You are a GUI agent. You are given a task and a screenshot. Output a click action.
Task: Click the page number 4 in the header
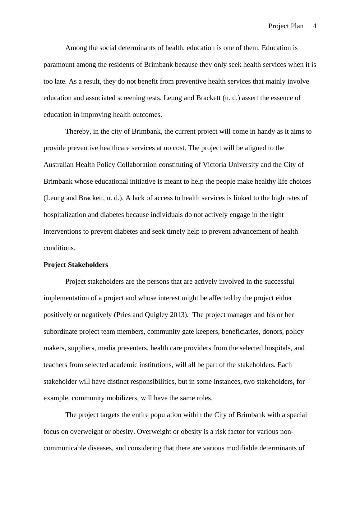pyautogui.click(x=314, y=26)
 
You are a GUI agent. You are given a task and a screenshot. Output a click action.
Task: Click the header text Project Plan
pyautogui.click(x=286, y=26)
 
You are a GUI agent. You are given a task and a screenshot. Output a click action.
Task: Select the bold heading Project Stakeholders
pyautogui.click(x=76, y=265)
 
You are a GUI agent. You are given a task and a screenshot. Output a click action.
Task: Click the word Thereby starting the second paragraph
pyautogui.click(x=78, y=131)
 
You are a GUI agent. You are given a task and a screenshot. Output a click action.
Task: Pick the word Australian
pyautogui.click(x=58, y=165)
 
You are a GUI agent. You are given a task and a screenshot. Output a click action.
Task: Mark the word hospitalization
pyautogui.click(x=65, y=215)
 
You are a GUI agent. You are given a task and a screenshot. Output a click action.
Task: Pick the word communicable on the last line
pyautogui.click(x=65, y=448)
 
